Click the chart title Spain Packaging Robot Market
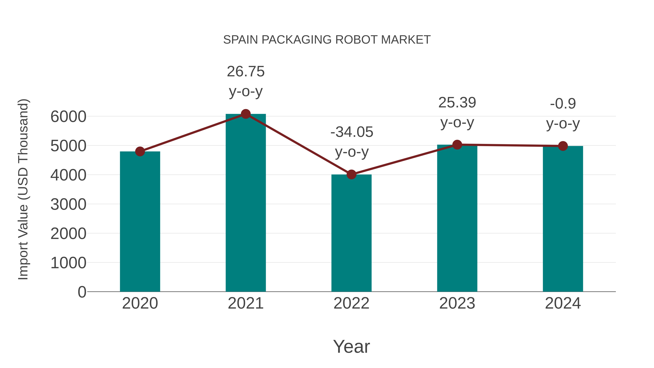(327, 40)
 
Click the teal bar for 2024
(563, 219)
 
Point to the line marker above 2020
(140, 152)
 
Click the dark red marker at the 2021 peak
(245, 114)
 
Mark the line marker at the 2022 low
(351, 174)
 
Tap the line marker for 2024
(563, 146)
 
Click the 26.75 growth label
(245, 72)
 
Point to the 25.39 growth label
(457, 103)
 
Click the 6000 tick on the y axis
(68, 117)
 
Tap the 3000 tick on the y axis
(68, 204)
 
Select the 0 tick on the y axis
(82, 292)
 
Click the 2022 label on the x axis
(351, 303)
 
